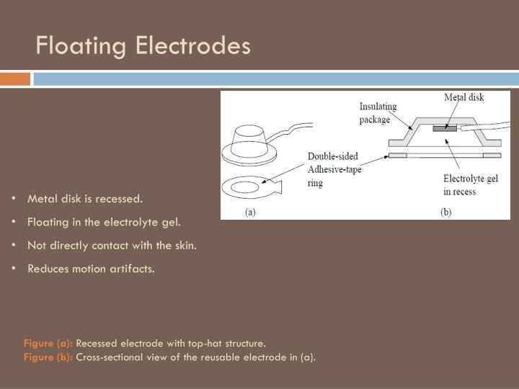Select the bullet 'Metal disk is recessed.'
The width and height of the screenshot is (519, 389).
(85, 198)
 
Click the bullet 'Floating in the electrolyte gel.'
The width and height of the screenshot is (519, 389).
(104, 221)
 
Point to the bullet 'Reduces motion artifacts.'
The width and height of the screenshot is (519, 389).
(91, 269)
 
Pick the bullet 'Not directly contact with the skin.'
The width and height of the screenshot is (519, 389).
(112, 245)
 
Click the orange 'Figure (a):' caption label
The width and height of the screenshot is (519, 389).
(48, 343)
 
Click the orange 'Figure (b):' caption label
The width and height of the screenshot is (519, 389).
(48, 357)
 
